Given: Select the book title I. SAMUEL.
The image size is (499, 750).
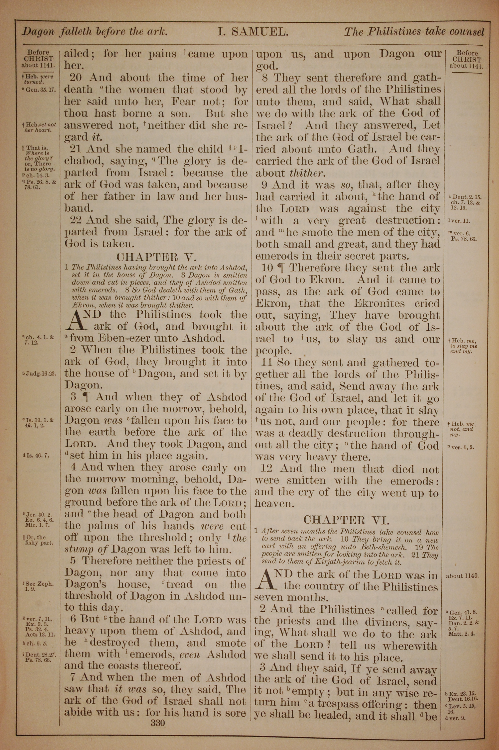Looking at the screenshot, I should (x=253, y=32).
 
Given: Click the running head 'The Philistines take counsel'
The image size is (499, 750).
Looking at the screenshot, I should (x=414, y=32).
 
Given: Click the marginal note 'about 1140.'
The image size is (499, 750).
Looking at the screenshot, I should (x=462, y=576).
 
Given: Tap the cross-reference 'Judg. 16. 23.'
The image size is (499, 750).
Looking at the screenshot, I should (x=39, y=374).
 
